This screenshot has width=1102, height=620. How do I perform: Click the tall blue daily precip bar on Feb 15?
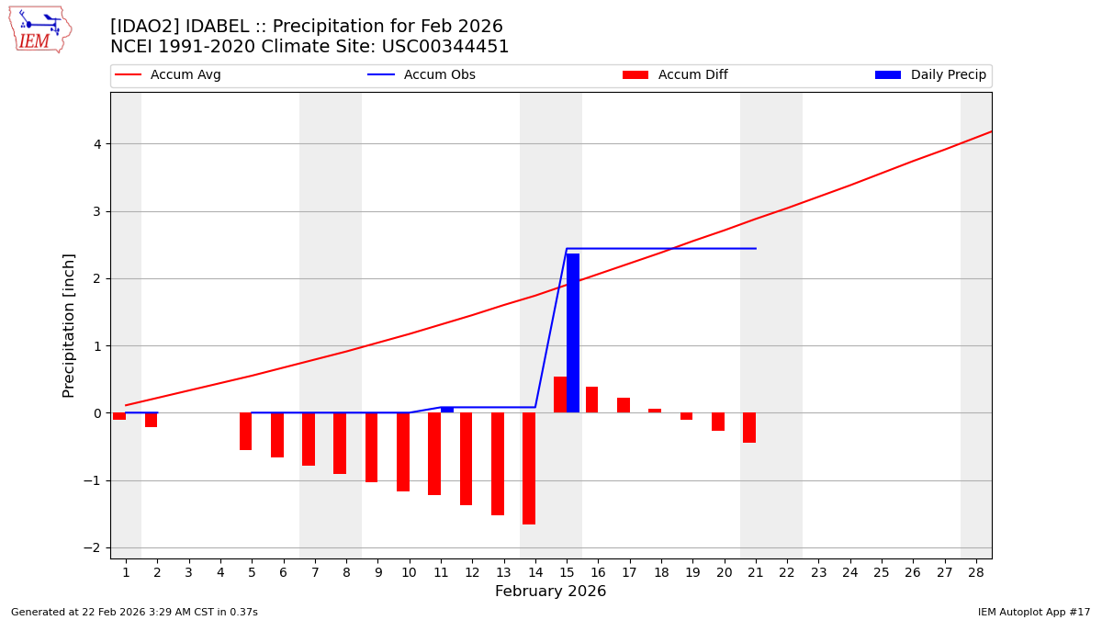pyautogui.click(x=573, y=333)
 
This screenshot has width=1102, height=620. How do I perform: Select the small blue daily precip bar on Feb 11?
pyautogui.click(x=447, y=410)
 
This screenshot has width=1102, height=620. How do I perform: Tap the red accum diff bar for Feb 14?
pyautogui.click(x=529, y=468)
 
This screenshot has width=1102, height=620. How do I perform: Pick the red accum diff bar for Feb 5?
pyautogui.click(x=245, y=432)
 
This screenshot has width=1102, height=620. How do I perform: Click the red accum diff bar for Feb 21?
pyautogui.click(x=749, y=428)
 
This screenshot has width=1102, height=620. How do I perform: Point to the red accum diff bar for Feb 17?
pyautogui.click(x=624, y=405)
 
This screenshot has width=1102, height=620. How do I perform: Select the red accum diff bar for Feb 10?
pyautogui.click(x=403, y=452)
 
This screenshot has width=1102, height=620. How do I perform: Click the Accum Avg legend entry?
pyautogui.click(x=169, y=75)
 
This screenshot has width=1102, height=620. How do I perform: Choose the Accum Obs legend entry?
pyautogui.click(x=422, y=75)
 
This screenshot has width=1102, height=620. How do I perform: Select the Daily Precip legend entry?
pyautogui.click(x=931, y=75)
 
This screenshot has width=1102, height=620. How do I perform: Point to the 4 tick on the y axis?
pyautogui.click(x=96, y=144)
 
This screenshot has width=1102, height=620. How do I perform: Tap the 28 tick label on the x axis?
pyautogui.click(x=976, y=573)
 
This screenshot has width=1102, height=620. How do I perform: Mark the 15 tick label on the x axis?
pyautogui.click(x=567, y=573)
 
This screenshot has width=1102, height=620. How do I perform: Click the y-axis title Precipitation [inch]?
pyautogui.click(x=69, y=325)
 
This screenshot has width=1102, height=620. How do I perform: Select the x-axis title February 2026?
pyautogui.click(x=550, y=592)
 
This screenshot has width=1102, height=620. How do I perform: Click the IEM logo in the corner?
pyautogui.click(x=39, y=29)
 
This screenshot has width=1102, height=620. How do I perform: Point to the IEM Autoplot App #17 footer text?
pyautogui.click(x=1033, y=613)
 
